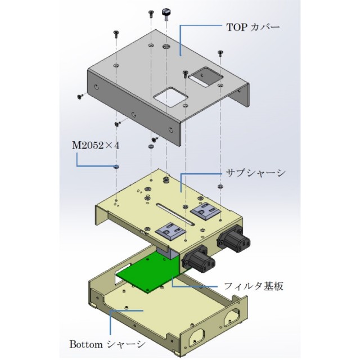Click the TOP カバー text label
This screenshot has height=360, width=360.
(x=252, y=26)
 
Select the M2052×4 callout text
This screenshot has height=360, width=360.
(x=96, y=145)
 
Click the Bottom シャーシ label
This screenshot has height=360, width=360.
(x=107, y=344)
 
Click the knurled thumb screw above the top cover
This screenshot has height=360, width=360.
(x=166, y=13)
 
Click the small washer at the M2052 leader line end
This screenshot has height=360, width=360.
(x=116, y=167)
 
